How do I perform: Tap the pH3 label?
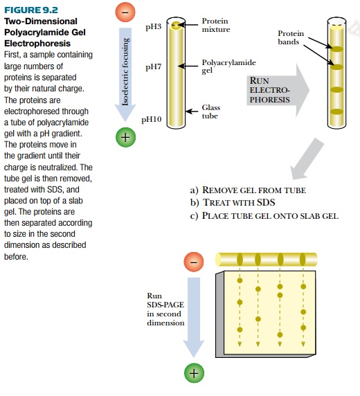pyautogui.click(x=153, y=26)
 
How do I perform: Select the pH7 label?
pyautogui.click(x=153, y=68)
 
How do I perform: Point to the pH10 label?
pyautogui.click(x=152, y=119)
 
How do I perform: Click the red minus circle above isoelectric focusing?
pyautogui.click(x=125, y=13)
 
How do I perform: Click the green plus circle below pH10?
pyautogui.click(x=125, y=137)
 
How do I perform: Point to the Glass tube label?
pyautogui.click(x=210, y=112)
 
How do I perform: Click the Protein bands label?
pyautogui.click(x=290, y=37)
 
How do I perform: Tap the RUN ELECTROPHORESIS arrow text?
pyautogui.click(x=271, y=90)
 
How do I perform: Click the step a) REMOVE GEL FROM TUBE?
pyautogui.click(x=247, y=190)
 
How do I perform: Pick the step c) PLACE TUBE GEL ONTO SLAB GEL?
pyautogui.click(x=263, y=215)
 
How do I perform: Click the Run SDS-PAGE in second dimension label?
pyautogui.click(x=165, y=309)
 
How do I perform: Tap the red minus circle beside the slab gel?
pyautogui.click(x=195, y=262)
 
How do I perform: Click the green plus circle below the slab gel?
pyautogui.click(x=195, y=373)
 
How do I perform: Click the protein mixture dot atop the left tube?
pyautogui.click(x=177, y=26)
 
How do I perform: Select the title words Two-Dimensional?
pyautogui.click(x=32, y=21)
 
